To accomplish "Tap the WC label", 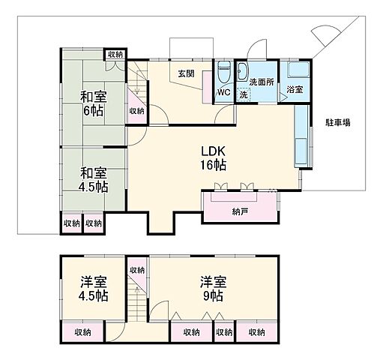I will pos(223,93).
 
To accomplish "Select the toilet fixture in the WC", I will pos(223,73).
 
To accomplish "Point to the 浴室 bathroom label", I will pos(295,89).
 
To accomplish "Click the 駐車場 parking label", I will pos(338,121).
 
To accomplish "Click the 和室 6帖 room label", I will pos(93,103).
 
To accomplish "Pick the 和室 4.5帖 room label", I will pos(93,178).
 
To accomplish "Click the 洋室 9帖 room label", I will pos(213,289).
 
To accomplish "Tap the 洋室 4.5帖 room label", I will pos(93,289).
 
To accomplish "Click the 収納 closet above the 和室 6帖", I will pos(115,54).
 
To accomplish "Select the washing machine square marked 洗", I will pos(244,94).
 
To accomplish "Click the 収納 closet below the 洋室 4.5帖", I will pos(82,331).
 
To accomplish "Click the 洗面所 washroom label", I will pos(262,81).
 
